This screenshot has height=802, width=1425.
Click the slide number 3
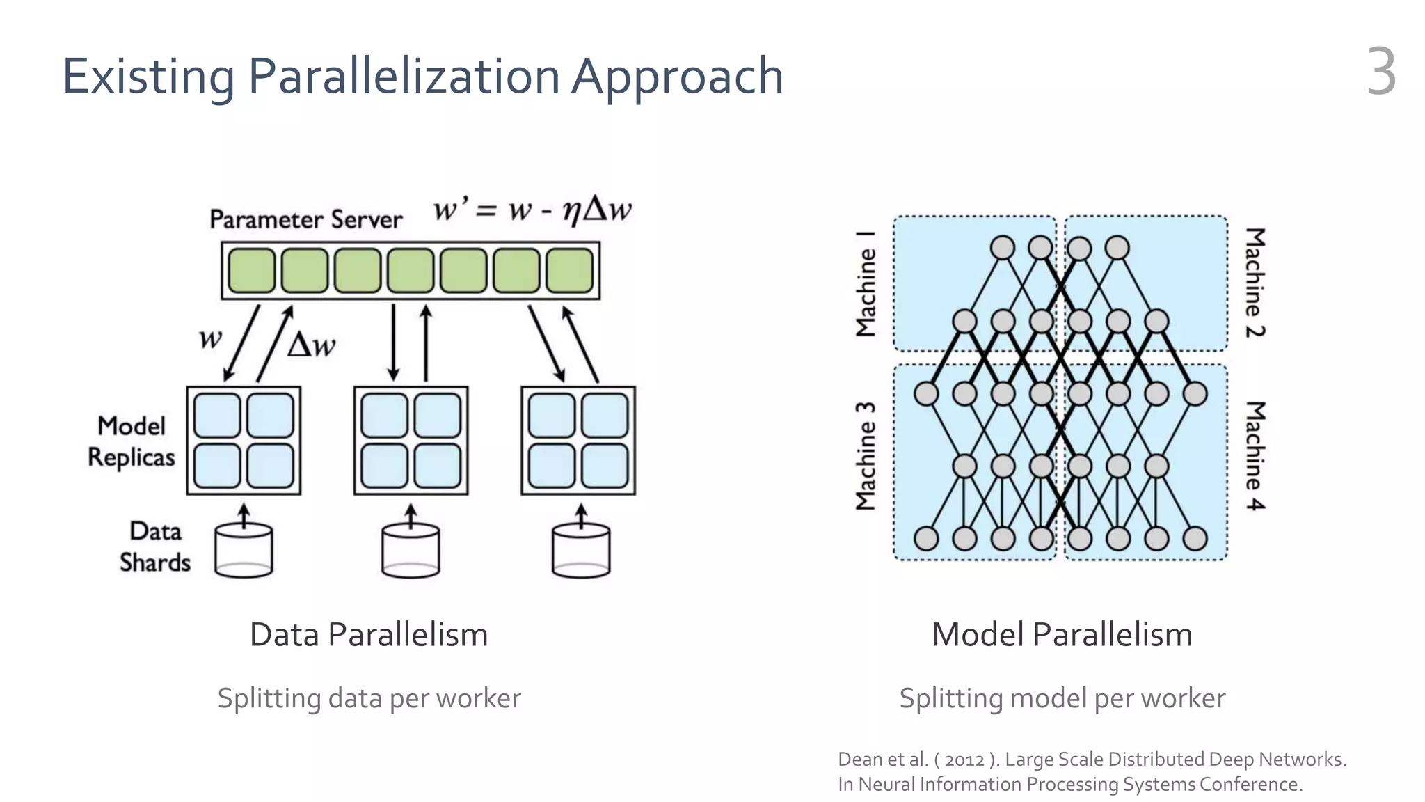tap(1381, 72)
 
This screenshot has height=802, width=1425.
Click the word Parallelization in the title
tap(404, 76)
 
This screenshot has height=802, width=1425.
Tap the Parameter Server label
tap(306, 220)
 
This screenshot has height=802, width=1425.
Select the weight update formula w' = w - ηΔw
tap(532, 209)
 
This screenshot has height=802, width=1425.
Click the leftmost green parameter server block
tap(251, 271)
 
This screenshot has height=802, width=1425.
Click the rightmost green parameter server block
tap(569, 271)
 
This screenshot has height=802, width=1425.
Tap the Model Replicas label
tap(131, 441)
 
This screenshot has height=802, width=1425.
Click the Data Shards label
tap(154, 547)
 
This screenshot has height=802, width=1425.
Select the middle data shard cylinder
tap(411, 551)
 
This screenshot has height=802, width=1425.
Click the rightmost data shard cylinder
tap(581, 551)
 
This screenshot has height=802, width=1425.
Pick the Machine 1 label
tap(866, 283)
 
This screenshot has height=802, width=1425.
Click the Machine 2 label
tap(1255, 282)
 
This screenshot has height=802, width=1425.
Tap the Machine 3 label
tap(866, 456)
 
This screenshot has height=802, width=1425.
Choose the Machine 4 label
tap(1255, 456)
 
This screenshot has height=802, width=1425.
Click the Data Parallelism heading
tap(369, 635)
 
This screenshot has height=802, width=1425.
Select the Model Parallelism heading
tap(1062, 635)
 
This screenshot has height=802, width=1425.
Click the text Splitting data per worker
tap(369, 698)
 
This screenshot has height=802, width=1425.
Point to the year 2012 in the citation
tap(964, 760)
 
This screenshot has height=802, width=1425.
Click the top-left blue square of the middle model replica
tap(384, 416)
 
